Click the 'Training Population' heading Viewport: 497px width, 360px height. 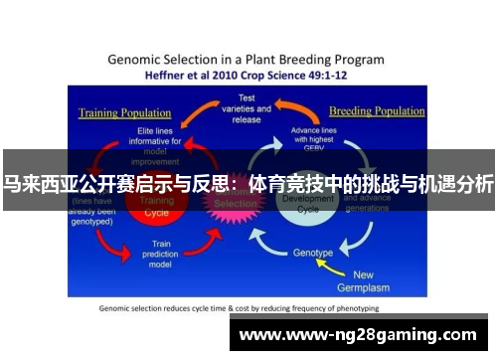119,112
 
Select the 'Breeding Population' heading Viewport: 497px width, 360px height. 378,110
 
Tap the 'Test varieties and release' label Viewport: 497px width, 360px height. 248,107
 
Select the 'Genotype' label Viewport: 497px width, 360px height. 312,253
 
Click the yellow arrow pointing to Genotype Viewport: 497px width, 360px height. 348,265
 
